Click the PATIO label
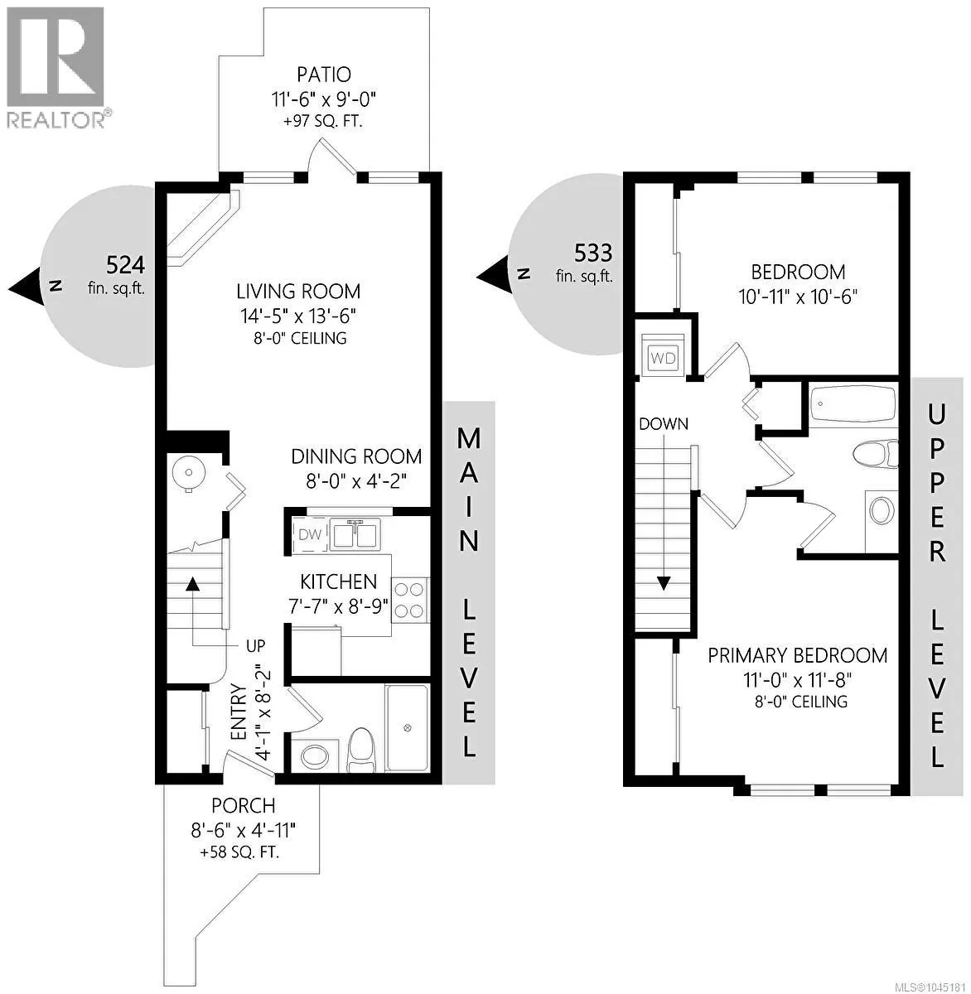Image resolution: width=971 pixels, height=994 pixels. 324,75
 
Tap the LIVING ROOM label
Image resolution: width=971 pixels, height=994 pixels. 298,291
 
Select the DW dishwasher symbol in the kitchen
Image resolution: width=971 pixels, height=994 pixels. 310,535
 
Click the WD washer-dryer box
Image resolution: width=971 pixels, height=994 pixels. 663,358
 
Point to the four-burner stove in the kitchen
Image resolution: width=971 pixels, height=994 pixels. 409,600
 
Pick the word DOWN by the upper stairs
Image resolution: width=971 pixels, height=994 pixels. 664,423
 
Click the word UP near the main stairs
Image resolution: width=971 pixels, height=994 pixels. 255,645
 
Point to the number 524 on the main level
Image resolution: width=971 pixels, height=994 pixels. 125,265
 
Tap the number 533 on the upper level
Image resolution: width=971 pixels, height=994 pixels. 593,253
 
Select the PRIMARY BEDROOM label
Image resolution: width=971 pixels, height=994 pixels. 797,655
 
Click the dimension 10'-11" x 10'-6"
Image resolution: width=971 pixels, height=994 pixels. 798,297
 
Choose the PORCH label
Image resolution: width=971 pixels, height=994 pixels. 243,805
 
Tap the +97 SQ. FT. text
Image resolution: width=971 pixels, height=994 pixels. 323,122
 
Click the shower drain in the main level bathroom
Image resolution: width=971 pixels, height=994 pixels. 407,728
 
